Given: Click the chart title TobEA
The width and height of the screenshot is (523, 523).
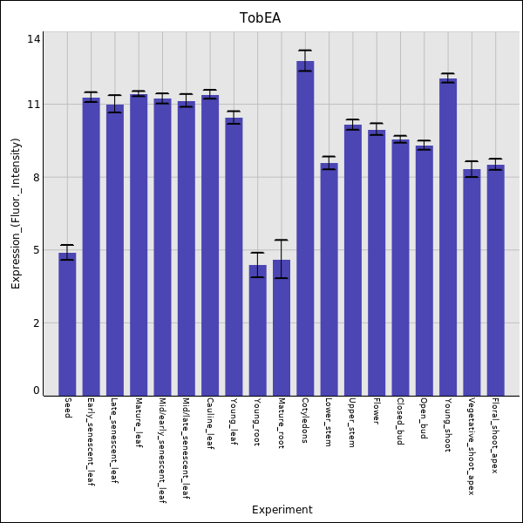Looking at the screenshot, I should point(260,18).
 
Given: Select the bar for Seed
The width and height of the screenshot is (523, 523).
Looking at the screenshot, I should point(67,324).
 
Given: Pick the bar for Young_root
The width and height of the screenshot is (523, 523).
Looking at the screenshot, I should point(257,330).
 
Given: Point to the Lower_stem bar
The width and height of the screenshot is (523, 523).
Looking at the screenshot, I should point(329,279).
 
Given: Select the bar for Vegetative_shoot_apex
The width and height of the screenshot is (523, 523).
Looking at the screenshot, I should point(472,282).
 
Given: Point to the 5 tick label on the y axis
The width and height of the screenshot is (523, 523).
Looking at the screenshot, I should point(37,250).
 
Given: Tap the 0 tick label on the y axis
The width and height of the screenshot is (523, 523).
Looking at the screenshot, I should point(37,391).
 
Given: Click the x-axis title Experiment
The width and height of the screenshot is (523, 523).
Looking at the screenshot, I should point(282,510).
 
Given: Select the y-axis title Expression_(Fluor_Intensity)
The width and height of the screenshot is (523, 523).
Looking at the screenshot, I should point(16,214).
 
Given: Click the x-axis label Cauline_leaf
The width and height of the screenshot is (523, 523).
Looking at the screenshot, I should point(210,423).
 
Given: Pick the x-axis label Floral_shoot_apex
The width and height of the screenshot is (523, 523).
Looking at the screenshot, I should point(495,435).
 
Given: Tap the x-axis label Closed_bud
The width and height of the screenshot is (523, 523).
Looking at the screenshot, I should point(400,421).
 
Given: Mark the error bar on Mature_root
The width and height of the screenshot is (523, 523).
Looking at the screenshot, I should point(282,259).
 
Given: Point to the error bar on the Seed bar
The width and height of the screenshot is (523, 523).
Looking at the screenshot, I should point(67,252).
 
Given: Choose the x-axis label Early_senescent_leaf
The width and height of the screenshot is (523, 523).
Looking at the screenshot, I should point(91,441).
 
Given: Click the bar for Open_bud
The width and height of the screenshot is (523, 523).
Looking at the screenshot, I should point(424,271).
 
